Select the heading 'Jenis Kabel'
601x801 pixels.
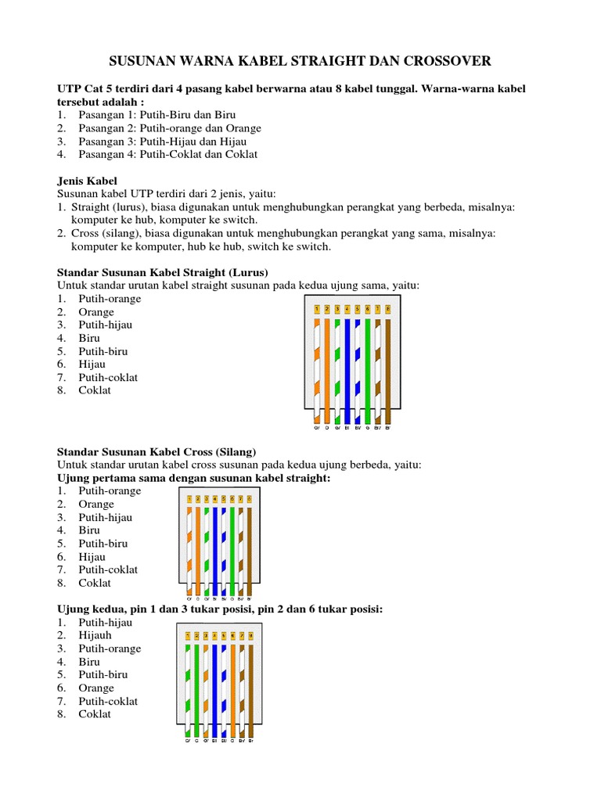click(87, 181)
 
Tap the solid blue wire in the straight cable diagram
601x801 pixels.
click(347, 360)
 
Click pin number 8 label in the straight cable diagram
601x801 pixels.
click(387, 309)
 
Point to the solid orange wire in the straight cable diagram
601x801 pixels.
click(326, 360)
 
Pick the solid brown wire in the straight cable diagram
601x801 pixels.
click(387, 360)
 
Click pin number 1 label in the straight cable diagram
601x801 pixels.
click(317, 309)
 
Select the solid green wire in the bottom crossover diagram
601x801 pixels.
click(196, 688)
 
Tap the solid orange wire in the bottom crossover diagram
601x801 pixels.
click(233, 688)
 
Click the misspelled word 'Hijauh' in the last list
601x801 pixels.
click(95, 636)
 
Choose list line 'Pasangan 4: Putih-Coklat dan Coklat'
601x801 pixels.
click(167, 154)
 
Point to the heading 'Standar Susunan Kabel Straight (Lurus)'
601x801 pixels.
click(163, 272)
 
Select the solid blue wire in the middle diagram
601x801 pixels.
click(214, 548)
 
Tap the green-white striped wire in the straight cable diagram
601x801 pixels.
click(336, 360)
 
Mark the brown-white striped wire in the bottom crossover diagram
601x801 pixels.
click(242, 688)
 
